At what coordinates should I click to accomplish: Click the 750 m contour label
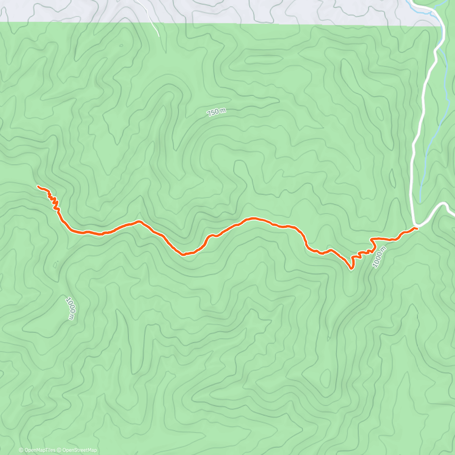pos(217,112)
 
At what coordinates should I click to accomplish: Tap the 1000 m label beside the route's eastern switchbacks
pos(379,257)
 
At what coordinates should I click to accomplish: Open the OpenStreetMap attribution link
pos(80,450)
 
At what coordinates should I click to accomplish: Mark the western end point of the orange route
pos(38,186)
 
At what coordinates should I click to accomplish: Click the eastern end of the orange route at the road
pos(416,228)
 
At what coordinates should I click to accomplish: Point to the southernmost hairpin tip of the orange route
pos(351,269)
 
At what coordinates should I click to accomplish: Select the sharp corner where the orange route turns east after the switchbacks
pos(372,239)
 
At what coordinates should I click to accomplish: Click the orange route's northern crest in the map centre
pos(252,218)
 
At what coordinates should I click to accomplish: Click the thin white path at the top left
pos(152,23)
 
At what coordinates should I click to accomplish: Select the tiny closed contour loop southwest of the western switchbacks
pos(56,264)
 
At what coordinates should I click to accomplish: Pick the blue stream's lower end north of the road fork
pos(420,199)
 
